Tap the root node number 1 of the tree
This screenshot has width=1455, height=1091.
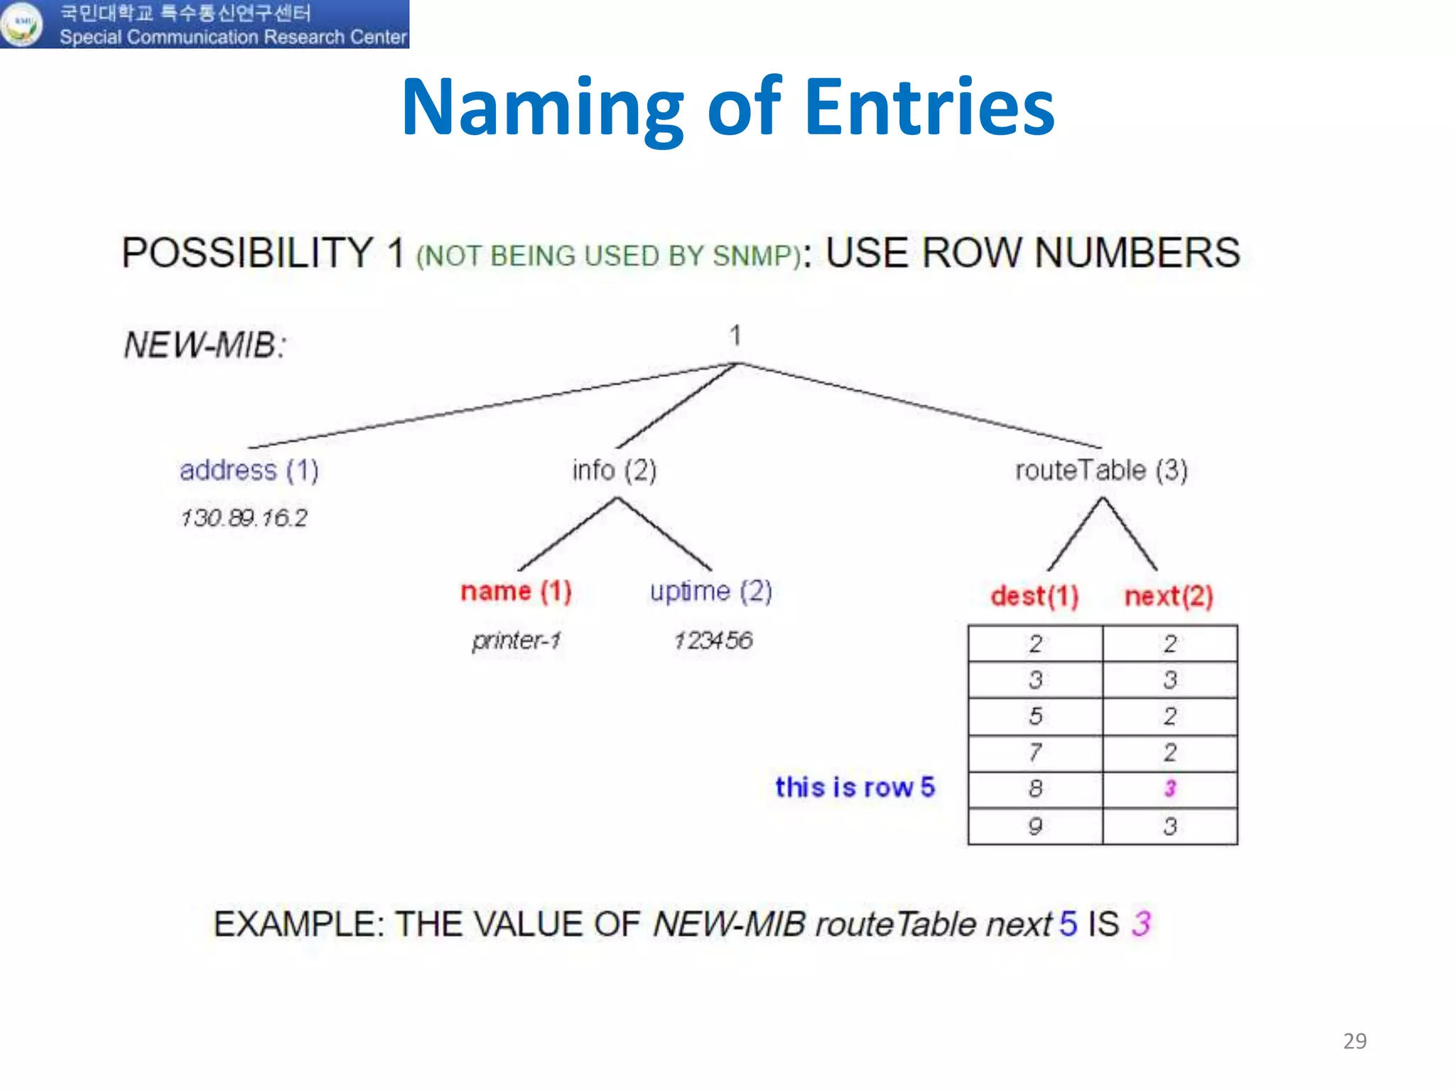pyautogui.click(x=736, y=335)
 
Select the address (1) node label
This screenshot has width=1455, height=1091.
pyautogui.click(x=249, y=470)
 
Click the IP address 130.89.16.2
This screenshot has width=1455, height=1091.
pyautogui.click(x=244, y=518)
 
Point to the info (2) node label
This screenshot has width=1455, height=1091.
pyautogui.click(x=615, y=470)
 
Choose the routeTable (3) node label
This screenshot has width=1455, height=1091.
pyautogui.click(x=1101, y=470)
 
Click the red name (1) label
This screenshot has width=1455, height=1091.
pyautogui.click(x=516, y=591)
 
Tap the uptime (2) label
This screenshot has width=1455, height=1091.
pyautogui.click(x=710, y=591)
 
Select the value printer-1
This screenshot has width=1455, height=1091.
pyautogui.click(x=516, y=641)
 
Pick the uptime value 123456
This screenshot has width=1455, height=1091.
pyautogui.click(x=713, y=641)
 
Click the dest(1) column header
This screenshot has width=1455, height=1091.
pyautogui.click(x=1034, y=597)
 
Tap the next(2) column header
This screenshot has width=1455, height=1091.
pyautogui.click(x=1169, y=597)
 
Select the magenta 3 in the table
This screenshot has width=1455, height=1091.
pyautogui.click(x=1170, y=788)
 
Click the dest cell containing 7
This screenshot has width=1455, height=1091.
pyautogui.click(x=1035, y=751)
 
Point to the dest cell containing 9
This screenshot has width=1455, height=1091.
pyautogui.click(x=1035, y=826)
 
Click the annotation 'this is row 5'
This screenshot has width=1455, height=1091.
pyautogui.click(x=855, y=788)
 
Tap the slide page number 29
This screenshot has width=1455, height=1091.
pyautogui.click(x=1355, y=1041)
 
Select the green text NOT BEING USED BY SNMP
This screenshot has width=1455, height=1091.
pyautogui.click(x=609, y=256)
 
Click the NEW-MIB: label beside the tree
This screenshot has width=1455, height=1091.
pyautogui.click(x=205, y=346)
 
